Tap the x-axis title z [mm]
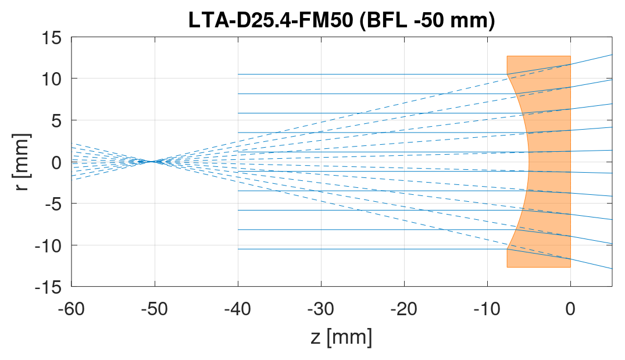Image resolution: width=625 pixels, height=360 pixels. point(341,337)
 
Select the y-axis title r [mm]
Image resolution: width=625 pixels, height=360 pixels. point(22,162)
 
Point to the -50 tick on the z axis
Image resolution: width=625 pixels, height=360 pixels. point(155,308)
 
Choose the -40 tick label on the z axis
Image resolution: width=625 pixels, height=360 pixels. point(238,308)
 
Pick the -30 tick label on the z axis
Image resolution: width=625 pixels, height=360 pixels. point(321,308)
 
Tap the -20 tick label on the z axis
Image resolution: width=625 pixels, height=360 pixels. point(404,308)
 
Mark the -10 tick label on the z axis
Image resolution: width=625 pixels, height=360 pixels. point(487,308)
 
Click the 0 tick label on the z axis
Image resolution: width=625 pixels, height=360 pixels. point(570,308)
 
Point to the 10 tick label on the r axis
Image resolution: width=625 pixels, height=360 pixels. point(54,79)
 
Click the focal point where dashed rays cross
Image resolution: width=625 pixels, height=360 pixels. point(152,161)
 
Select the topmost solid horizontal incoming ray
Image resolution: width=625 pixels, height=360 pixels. point(372,74)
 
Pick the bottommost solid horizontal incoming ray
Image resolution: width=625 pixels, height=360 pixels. point(372,249)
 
